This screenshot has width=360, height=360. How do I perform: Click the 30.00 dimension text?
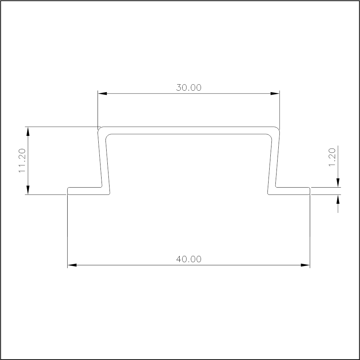(189, 87)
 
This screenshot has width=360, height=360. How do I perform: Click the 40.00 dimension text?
(189, 259)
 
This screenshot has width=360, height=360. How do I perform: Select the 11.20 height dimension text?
(22, 160)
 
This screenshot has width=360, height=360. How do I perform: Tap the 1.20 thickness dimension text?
(332, 157)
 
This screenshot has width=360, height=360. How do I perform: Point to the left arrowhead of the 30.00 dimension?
(102, 94)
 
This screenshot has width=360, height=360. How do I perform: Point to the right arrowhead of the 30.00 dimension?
(275, 94)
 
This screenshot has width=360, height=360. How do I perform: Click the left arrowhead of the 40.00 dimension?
(72, 265)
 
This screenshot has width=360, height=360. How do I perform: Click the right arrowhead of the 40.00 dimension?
(305, 265)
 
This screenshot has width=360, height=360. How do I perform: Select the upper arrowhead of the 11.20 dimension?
(28, 131)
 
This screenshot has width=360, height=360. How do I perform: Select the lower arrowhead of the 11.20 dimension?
(28, 190)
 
